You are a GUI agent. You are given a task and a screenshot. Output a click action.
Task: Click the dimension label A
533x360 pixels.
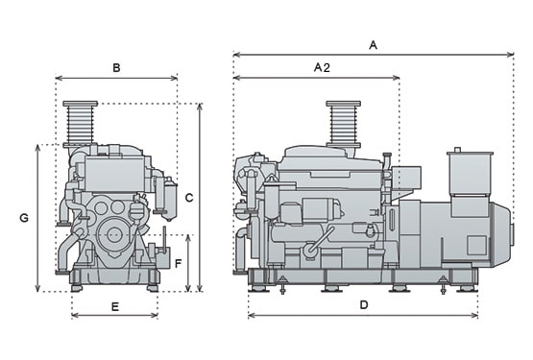(x=373, y=45)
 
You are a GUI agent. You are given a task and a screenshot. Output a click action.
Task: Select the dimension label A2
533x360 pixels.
(x=322, y=67)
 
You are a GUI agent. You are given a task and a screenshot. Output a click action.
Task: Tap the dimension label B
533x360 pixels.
(x=116, y=68)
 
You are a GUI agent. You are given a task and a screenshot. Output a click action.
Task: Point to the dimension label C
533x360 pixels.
(x=189, y=198)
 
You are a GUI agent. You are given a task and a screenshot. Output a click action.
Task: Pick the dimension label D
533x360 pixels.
(x=364, y=305)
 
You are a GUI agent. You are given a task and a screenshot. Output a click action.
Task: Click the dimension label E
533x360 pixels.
(x=115, y=307)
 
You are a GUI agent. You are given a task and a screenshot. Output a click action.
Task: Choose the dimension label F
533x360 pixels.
(x=178, y=263)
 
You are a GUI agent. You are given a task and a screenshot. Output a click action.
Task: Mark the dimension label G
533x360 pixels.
(x=24, y=218)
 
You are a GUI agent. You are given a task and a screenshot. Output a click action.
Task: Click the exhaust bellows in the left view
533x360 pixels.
(x=81, y=124)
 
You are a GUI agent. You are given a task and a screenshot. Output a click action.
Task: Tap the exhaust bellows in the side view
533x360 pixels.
(x=343, y=124)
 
